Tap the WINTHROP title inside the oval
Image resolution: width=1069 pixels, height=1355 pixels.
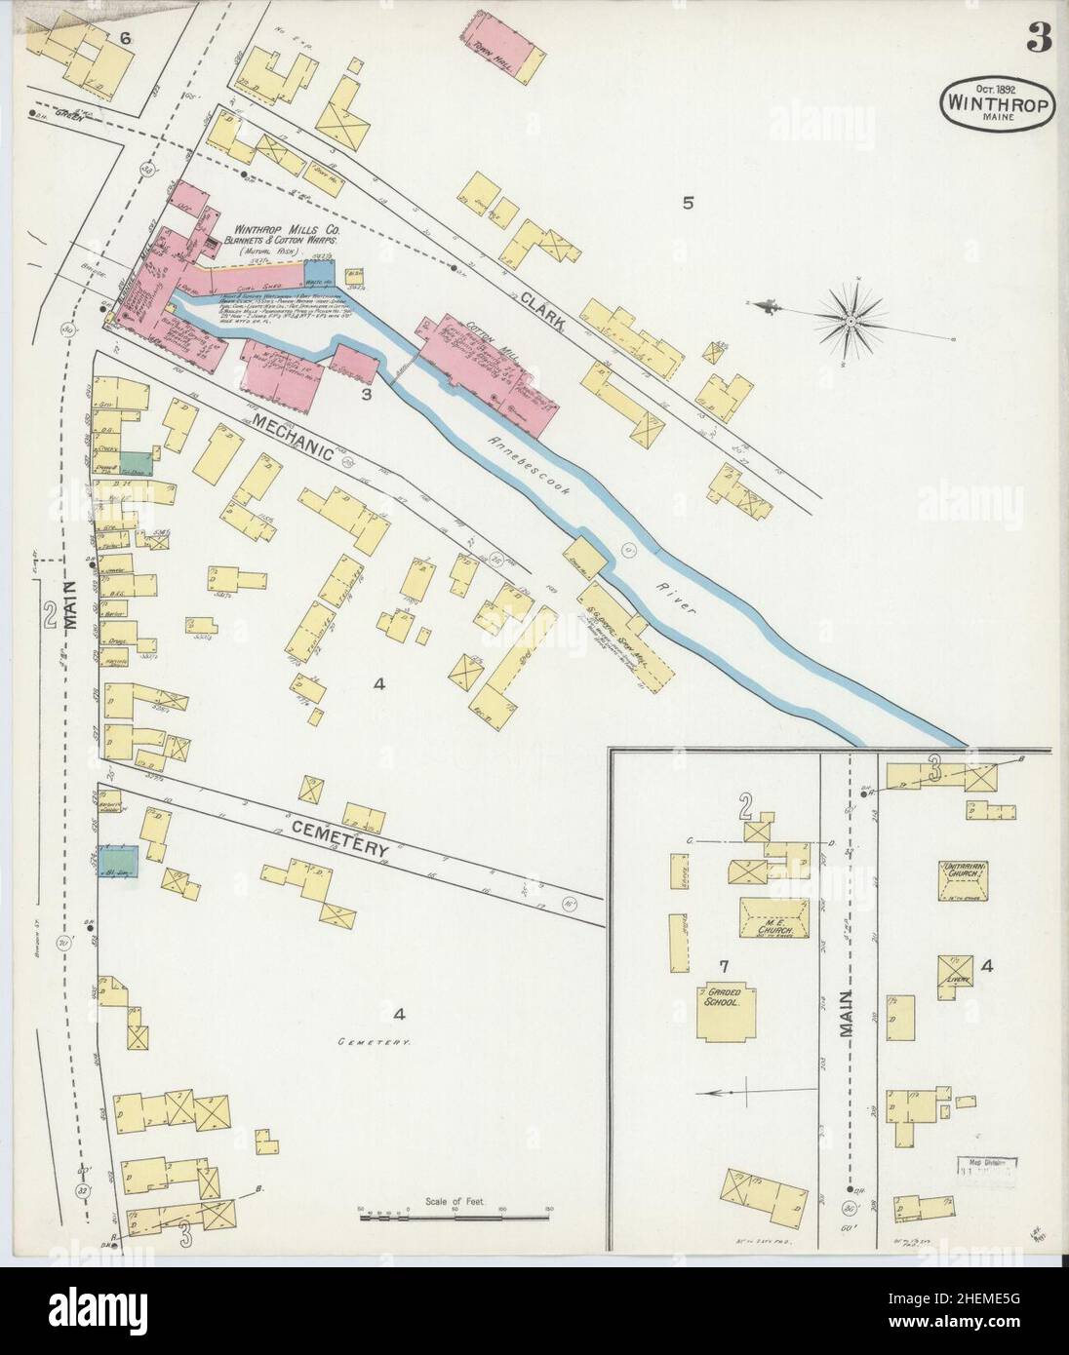click(x=1000, y=101)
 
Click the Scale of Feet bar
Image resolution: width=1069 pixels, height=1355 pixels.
click(x=453, y=1215)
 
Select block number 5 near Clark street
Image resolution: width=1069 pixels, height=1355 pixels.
click(x=688, y=204)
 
